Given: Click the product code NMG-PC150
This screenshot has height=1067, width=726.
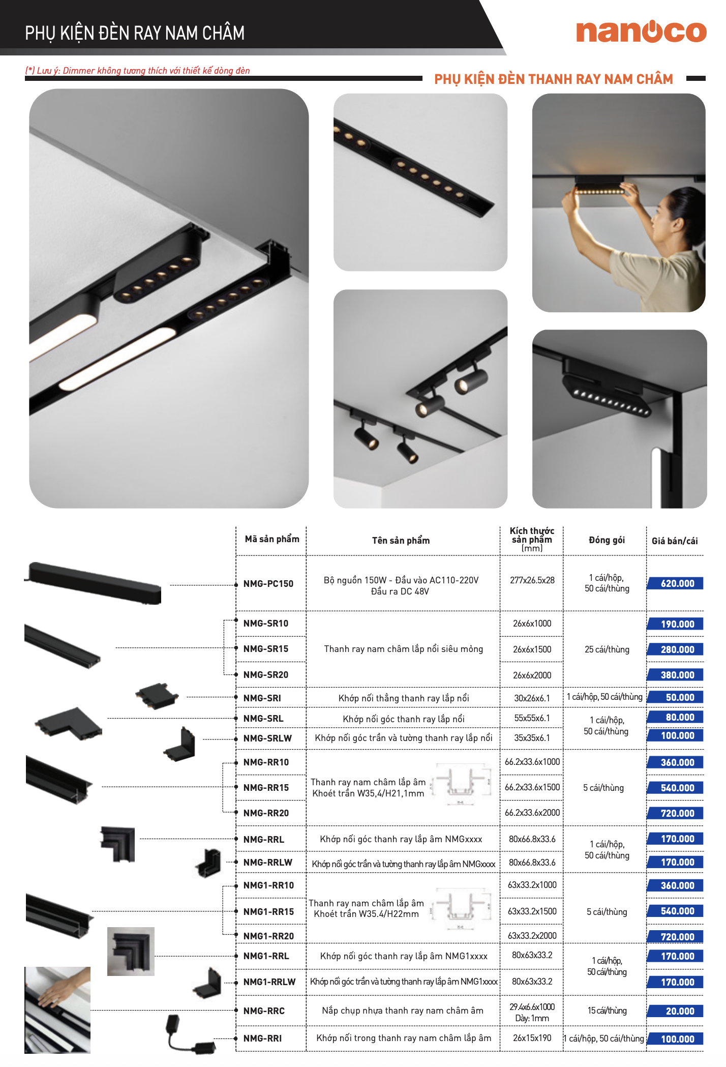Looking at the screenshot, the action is [x=268, y=584].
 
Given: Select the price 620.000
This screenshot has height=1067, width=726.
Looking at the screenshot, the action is [x=677, y=583].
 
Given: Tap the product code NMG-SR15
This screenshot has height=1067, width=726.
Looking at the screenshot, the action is [x=266, y=649].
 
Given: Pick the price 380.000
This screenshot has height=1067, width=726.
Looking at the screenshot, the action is [x=677, y=675].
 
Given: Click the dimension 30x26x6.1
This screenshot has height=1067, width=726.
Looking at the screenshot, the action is [x=532, y=698].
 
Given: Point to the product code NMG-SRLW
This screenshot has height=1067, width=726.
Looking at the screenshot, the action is [x=267, y=738].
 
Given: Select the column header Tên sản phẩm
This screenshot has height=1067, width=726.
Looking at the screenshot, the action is [x=401, y=541].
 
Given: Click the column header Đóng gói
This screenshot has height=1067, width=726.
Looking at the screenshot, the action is [x=607, y=540].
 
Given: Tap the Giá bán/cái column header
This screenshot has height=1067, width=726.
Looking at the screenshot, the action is [x=675, y=541].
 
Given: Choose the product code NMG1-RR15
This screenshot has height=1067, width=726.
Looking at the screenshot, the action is [x=268, y=912].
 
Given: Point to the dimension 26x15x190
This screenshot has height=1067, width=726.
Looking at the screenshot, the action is [x=532, y=1038].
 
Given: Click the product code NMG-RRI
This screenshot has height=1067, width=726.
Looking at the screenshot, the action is [x=262, y=1039].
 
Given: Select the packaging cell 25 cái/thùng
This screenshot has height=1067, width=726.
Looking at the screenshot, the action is [x=607, y=649].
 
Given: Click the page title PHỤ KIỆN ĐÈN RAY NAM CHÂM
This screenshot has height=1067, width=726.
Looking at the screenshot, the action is [x=135, y=34].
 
